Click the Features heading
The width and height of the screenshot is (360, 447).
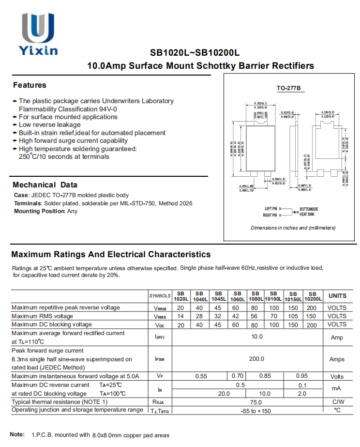30,85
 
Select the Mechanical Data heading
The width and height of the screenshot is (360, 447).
45,185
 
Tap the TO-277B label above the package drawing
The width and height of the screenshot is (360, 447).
289,88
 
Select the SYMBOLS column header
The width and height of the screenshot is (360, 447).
160,296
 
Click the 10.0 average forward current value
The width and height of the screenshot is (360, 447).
256,337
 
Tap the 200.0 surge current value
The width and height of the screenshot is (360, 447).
256,359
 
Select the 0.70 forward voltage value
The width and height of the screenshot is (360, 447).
238,376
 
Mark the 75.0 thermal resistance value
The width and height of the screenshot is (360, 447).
255,402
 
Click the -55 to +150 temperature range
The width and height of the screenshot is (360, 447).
256,411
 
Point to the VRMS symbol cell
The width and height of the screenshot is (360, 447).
160,316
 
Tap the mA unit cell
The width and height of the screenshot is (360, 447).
337,388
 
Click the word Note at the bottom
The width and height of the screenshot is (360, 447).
17,434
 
